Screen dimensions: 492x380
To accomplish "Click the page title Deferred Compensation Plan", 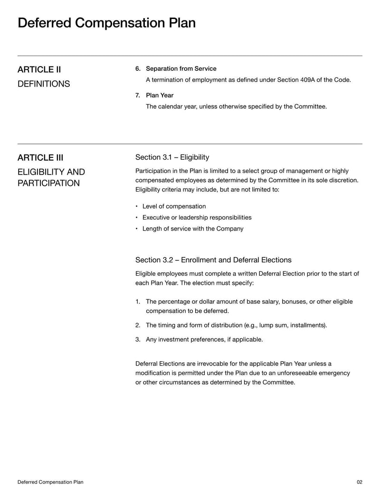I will (106, 23).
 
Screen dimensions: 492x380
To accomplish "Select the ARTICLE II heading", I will (39, 70).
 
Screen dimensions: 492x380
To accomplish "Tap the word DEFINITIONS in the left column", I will (44, 84).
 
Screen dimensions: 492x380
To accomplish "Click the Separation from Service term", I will (181, 69).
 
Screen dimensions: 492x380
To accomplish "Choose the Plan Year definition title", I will (160, 96).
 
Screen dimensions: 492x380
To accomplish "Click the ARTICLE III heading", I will (40, 158).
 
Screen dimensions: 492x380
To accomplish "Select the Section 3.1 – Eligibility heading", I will (172, 157).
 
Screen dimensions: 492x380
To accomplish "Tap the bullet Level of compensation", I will (174, 206).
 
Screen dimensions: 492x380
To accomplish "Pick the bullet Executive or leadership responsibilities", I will (197, 217).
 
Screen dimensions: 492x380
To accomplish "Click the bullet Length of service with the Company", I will (192, 229).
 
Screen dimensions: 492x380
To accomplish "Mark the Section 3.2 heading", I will (213, 260).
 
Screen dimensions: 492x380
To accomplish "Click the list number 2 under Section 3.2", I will (137, 325).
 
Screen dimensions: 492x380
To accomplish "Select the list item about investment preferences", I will (204, 339).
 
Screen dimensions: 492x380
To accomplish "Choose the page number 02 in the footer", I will (359, 482).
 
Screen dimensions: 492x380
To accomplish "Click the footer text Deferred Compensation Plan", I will (50, 482).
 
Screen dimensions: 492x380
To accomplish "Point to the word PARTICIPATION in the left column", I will (48, 183).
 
